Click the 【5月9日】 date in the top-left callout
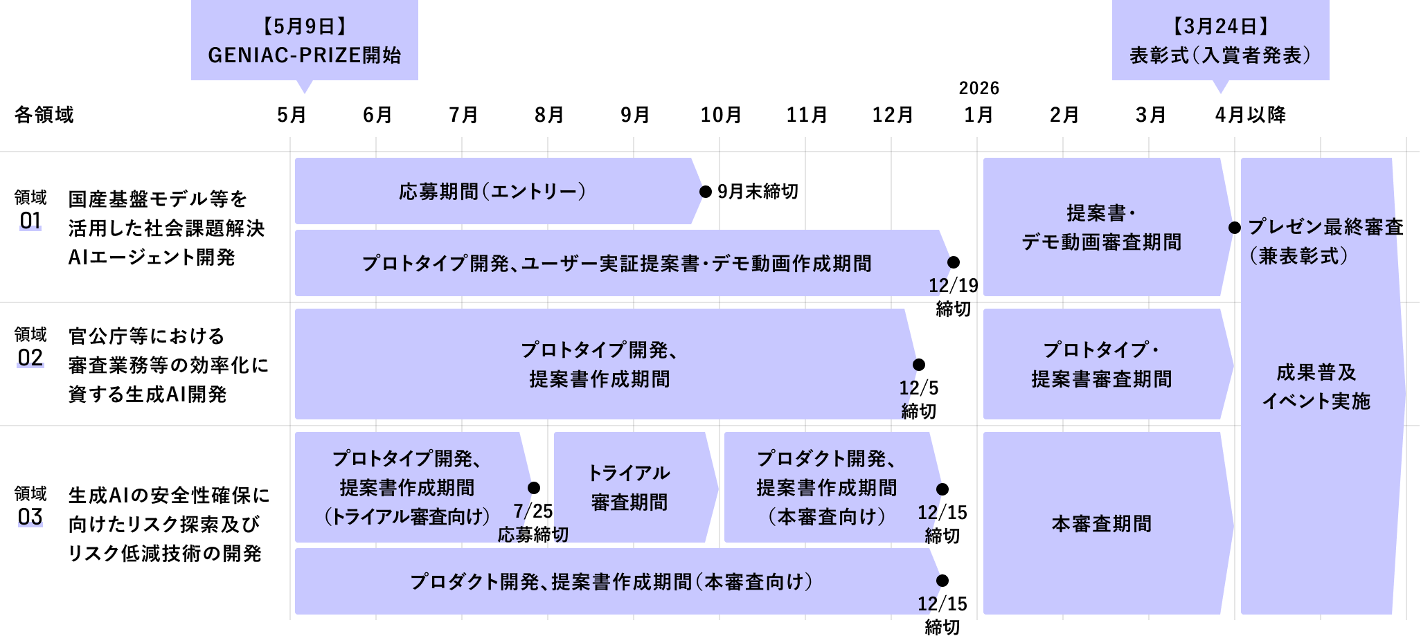tap(304, 26)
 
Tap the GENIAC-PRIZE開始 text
tap(304, 55)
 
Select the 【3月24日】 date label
tap(1220, 26)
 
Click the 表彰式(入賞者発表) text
tap(1220, 55)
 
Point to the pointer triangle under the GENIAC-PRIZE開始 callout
tap(304, 86)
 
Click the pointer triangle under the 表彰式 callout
tap(1220, 86)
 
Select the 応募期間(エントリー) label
tap(492, 192)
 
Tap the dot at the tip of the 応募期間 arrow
tap(704, 192)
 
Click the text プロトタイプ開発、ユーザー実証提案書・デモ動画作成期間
tap(616, 264)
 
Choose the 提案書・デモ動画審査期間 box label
tap(1101, 228)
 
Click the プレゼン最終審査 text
tap(1323, 227)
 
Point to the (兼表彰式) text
tap(1299, 256)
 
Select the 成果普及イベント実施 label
tap(1316, 387)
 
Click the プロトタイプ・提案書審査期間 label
tap(1101, 365)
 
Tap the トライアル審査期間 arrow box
tap(629, 487)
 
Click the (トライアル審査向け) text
tap(407, 517)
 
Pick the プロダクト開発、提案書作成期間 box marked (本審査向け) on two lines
tap(827, 487)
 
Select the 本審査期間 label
tap(1101, 524)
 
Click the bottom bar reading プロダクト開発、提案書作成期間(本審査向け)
tap(611, 582)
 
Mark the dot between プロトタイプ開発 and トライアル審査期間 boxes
tap(533, 488)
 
